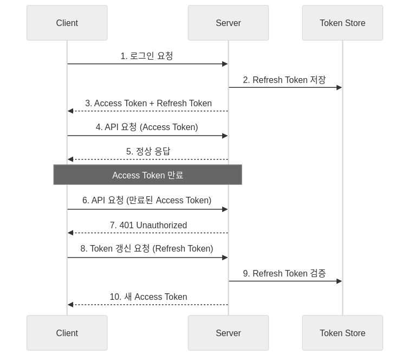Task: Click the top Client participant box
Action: (x=67, y=23)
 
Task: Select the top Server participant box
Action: (x=228, y=23)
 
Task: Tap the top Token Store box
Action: (x=342, y=23)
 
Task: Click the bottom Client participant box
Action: (x=67, y=333)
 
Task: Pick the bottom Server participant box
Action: (x=228, y=333)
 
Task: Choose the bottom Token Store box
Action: (x=342, y=333)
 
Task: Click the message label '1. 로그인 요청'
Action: (x=147, y=56)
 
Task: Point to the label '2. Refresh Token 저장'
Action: (x=284, y=80)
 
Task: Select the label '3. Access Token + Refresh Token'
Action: (x=148, y=103)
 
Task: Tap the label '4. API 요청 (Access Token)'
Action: (x=147, y=127)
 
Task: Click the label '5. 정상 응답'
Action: (x=148, y=151)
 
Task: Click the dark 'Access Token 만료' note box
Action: (x=147, y=175)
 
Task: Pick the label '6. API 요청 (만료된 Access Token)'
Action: (x=147, y=200)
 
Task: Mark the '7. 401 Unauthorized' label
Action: (x=148, y=225)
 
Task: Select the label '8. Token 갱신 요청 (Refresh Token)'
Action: (x=147, y=248)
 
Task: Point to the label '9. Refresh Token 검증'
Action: (x=284, y=273)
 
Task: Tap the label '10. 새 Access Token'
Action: (x=148, y=297)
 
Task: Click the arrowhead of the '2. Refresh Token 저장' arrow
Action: (x=339, y=87)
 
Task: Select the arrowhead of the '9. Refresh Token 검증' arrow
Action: (x=339, y=281)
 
